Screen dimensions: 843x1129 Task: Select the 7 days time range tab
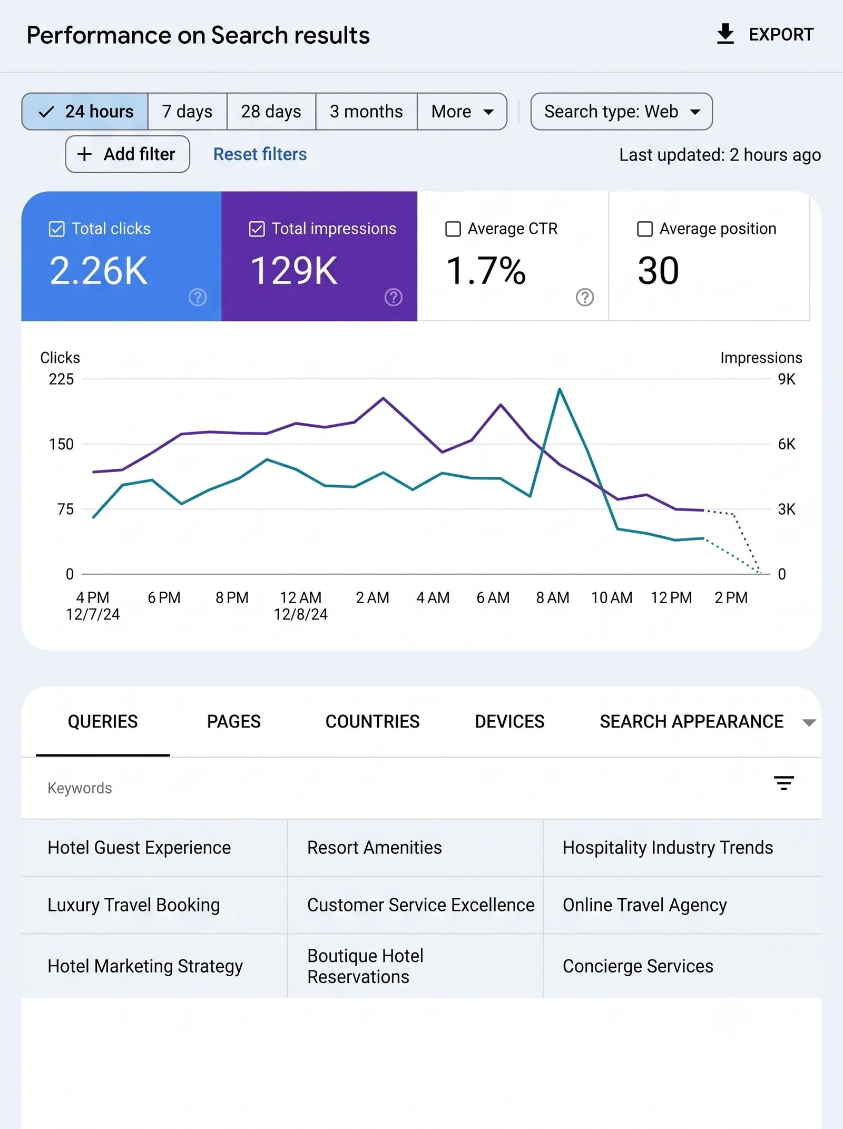click(x=187, y=112)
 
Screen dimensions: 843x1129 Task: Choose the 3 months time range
click(x=366, y=112)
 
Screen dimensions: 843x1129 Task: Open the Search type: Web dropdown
click(x=621, y=112)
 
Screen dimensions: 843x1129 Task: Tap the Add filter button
click(x=128, y=154)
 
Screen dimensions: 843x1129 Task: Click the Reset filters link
click(x=260, y=154)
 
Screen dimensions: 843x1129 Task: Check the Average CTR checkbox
click(x=453, y=229)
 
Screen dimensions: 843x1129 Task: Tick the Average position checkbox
click(x=645, y=229)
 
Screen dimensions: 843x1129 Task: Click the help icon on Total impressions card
click(x=393, y=297)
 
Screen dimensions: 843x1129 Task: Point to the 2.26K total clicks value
click(x=99, y=271)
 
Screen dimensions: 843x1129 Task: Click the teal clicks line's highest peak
click(x=560, y=389)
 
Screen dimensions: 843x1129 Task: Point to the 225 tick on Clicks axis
click(x=61, y=379)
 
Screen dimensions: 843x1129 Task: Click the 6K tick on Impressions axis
click(x=787, y=444)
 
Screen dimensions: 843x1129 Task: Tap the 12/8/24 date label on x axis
click(x=300, y=614)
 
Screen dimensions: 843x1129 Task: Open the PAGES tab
click(x=234, y=721)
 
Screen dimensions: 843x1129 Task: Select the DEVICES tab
click(x=509, y=721)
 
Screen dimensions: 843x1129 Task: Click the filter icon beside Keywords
click(x=784, y=783)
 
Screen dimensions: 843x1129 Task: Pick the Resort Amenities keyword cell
click(x=375, y=848)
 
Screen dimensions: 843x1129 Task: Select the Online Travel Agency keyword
click(x=645, y=905)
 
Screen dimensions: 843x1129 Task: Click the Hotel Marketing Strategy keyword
click(x=145, y=966)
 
